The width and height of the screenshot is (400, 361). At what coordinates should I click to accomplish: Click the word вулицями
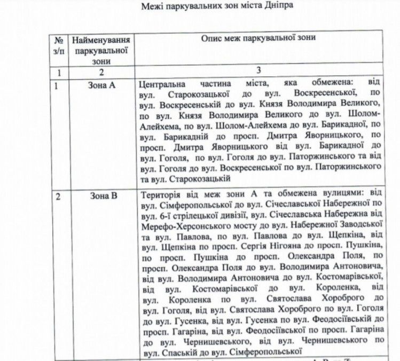click(x=334, y=196)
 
